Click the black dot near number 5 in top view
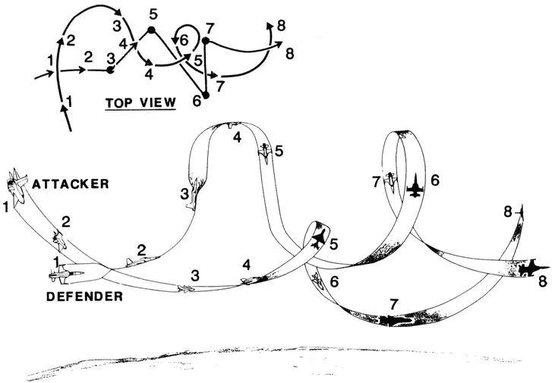[x=151, y=30]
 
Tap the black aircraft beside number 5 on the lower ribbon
[x=320, y=238]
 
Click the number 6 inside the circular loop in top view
[x=184, y=40]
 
